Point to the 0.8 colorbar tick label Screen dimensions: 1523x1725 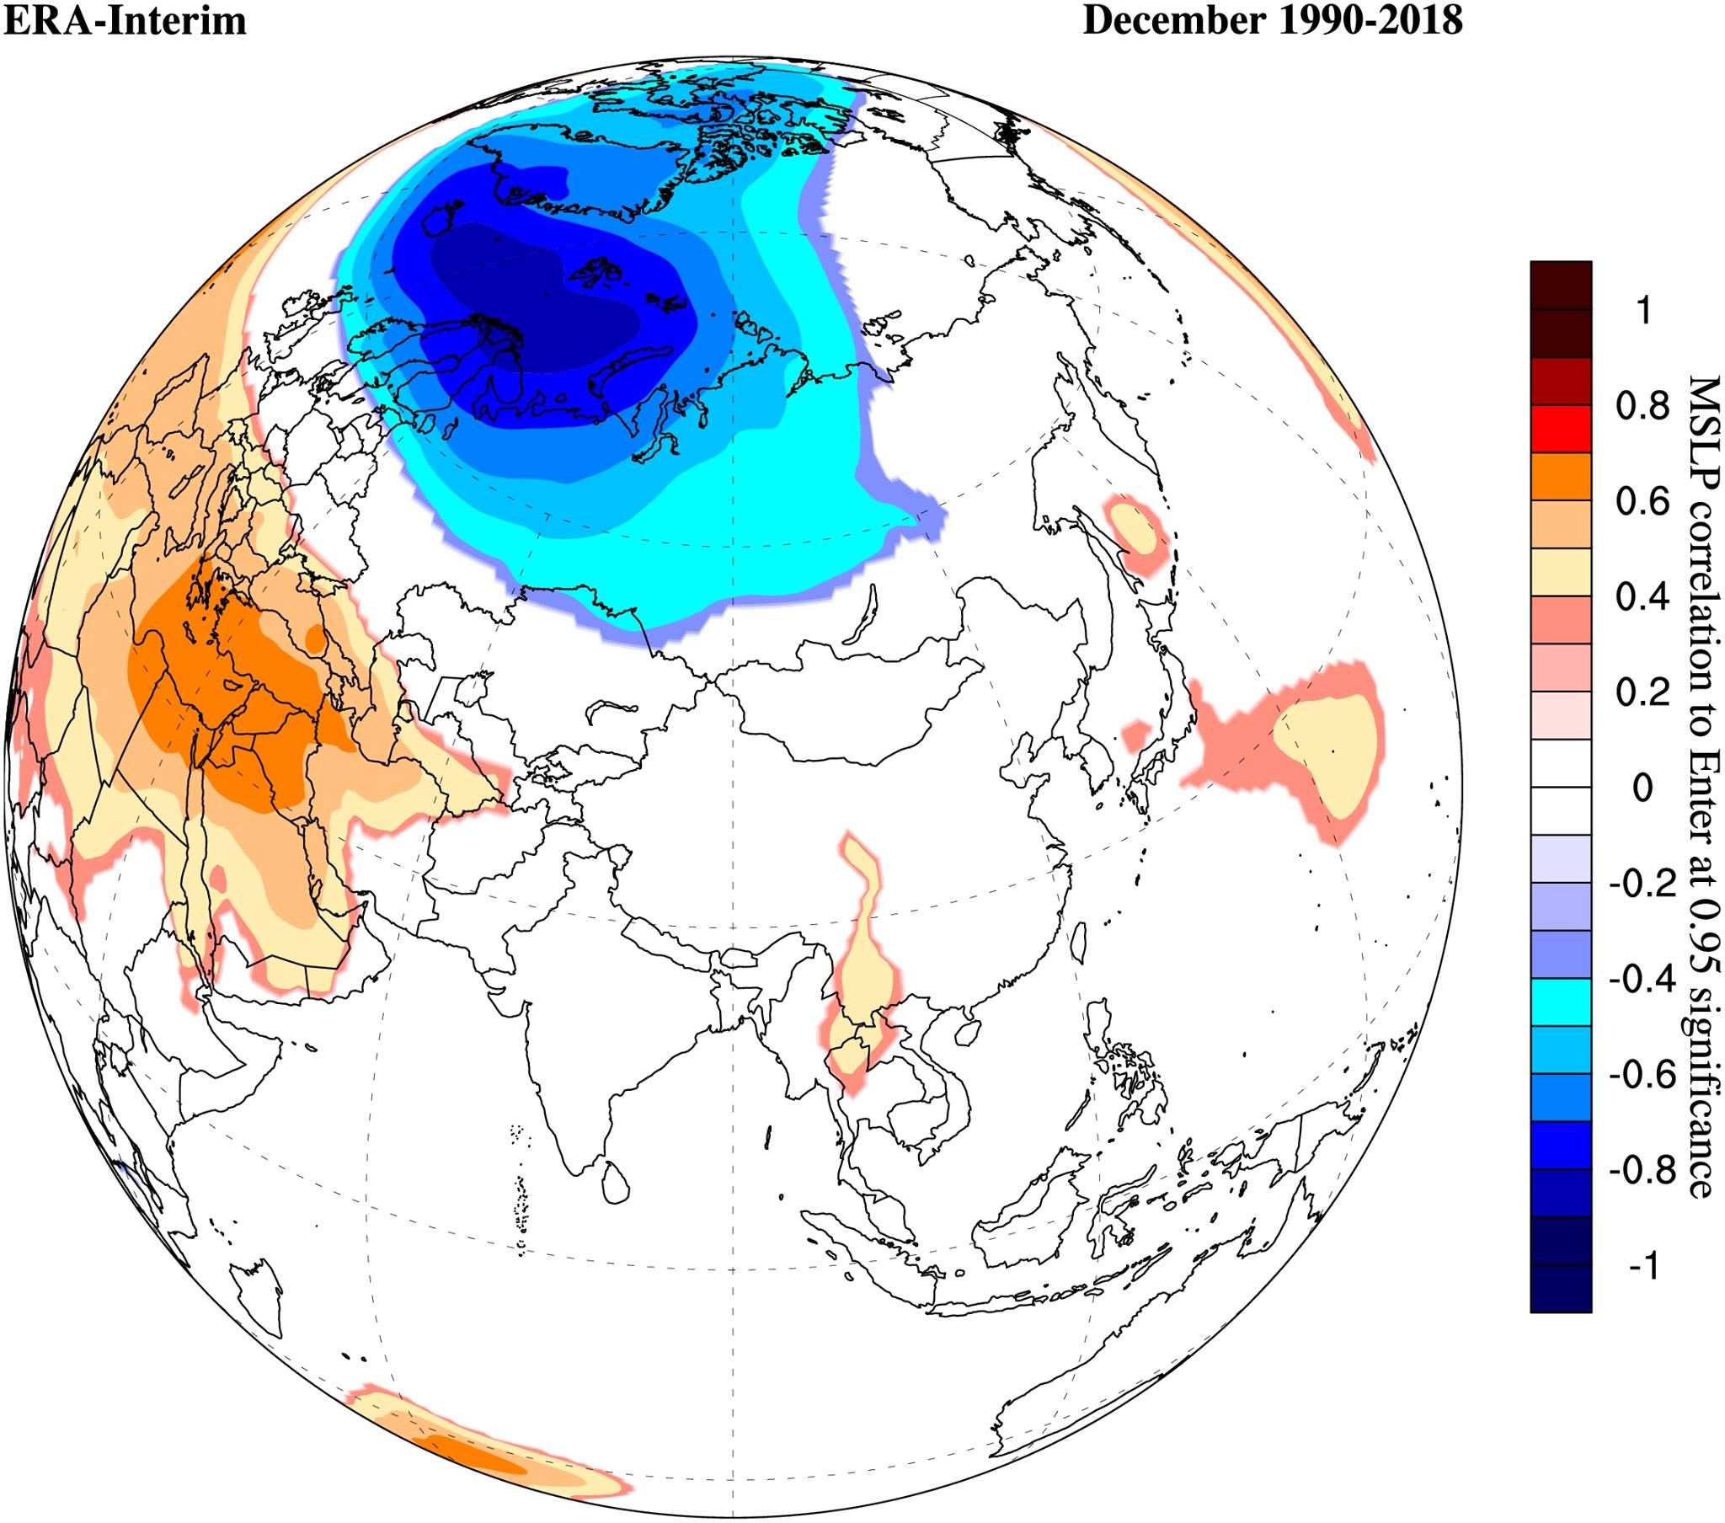point(1642,407)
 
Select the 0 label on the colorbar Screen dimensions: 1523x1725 point(1642,788)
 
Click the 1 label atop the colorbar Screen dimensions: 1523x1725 point(1642,312)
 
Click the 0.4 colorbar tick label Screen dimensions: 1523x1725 point(1642,598)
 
